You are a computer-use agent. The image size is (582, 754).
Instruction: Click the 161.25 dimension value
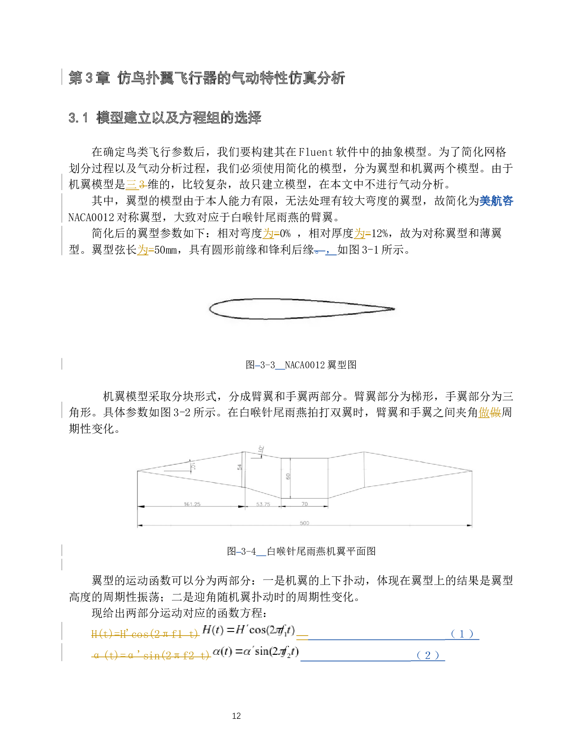[192, 504]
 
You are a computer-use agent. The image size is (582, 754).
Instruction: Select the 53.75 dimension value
[263, 504]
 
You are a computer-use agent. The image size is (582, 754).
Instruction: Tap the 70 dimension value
[304, 504]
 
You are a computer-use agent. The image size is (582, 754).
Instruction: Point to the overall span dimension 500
[304, 523]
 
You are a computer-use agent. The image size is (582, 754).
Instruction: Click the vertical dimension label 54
[240, 467]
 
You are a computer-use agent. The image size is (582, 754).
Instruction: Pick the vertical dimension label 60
[288, 476]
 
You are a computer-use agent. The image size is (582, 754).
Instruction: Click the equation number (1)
[462, 634]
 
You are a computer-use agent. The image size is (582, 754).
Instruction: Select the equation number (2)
[428, 655]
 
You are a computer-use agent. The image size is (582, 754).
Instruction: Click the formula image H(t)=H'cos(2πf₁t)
[248, 630]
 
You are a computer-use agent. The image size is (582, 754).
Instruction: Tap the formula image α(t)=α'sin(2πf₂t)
[256, 651]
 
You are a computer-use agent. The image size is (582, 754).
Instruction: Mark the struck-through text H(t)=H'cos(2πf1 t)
[145, 634]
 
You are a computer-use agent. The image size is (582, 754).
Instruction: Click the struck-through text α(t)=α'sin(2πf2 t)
[151, 656]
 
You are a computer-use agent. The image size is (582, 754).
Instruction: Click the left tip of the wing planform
[138, 471]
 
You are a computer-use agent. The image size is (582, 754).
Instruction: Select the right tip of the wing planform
[472, 471]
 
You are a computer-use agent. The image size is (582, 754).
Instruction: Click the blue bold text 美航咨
[496, 201]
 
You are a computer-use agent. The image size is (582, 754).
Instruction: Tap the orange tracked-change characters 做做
[490, 413]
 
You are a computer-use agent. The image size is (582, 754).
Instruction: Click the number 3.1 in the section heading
[78, 118]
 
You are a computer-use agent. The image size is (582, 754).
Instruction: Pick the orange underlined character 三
[131, 185]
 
